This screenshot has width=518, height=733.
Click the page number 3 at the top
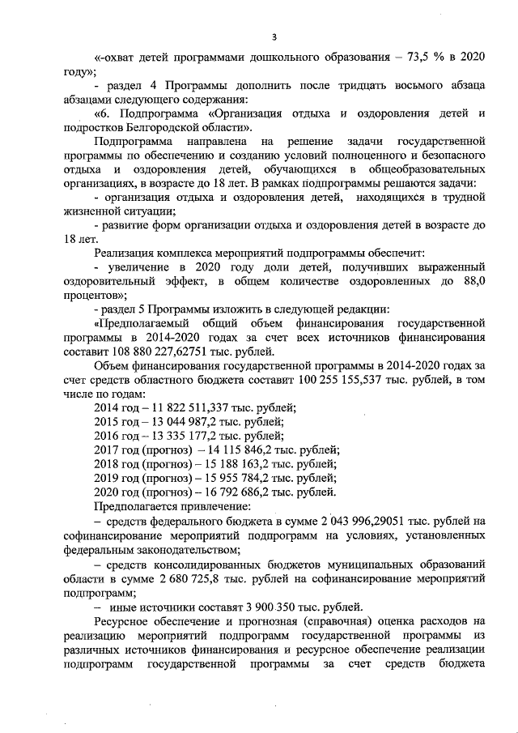(x=274, y=36)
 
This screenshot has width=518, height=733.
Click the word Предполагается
(x=134, y=505)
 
